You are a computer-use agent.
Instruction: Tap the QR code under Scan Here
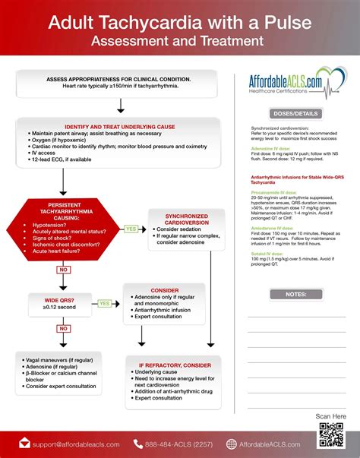coord(332,435)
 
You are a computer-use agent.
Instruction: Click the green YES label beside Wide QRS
coord(104,303)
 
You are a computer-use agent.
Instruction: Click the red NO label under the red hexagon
coord(62,269)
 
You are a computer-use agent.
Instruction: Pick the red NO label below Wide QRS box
coord(62,328)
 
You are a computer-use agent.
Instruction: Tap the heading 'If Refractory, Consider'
coord(175,365)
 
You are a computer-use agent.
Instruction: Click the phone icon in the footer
coord(138,444)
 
